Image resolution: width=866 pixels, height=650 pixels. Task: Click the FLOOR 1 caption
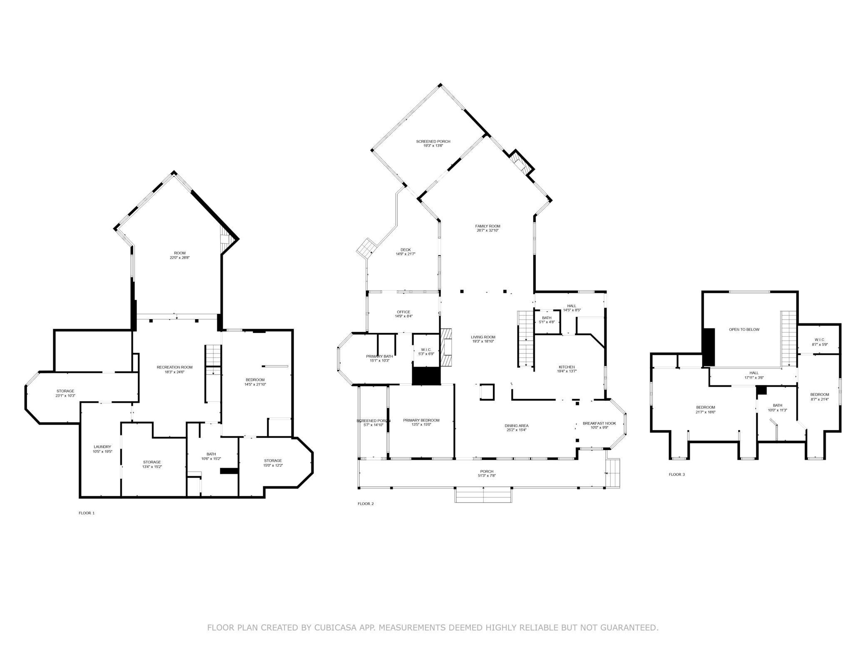pyautogui.click(x=87, y=513)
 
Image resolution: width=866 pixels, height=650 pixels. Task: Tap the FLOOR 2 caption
pyautogui.click(x=366, y=504)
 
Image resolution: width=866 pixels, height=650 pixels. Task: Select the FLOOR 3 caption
pyautogui.click(x=677, y=474)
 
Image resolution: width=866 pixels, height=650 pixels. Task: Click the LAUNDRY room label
pyautogui.click(x=102, y=447)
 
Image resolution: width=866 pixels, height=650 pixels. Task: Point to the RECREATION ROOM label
pyautogui.click(x=174, y=367)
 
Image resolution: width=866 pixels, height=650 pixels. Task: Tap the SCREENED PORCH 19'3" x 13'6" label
pyautogui.click(x=433, y=142)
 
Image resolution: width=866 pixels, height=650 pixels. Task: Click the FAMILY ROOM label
pyautogui.click(x=488, y=226)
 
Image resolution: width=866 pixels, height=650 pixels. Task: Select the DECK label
pyautogui.click(x=405, y=250)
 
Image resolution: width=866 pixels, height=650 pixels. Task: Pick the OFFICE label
pyautogui.click(x=403, y=312)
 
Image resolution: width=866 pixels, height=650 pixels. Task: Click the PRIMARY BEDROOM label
pyautogui.click(x=421, y=420)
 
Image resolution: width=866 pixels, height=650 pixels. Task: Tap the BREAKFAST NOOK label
pyautogui.click(x=599, y=423)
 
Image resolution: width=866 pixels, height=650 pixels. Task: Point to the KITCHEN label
pyautogui.click(x=566, y=367)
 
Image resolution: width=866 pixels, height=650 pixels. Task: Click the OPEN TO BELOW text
pyautogui.click(x=744, y=330)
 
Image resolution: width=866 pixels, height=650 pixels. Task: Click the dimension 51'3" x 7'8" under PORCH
pyautogui.click(x=486, y=476)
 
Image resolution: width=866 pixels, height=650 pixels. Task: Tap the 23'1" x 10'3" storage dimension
pyautogui.click(x=65, y=396)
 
